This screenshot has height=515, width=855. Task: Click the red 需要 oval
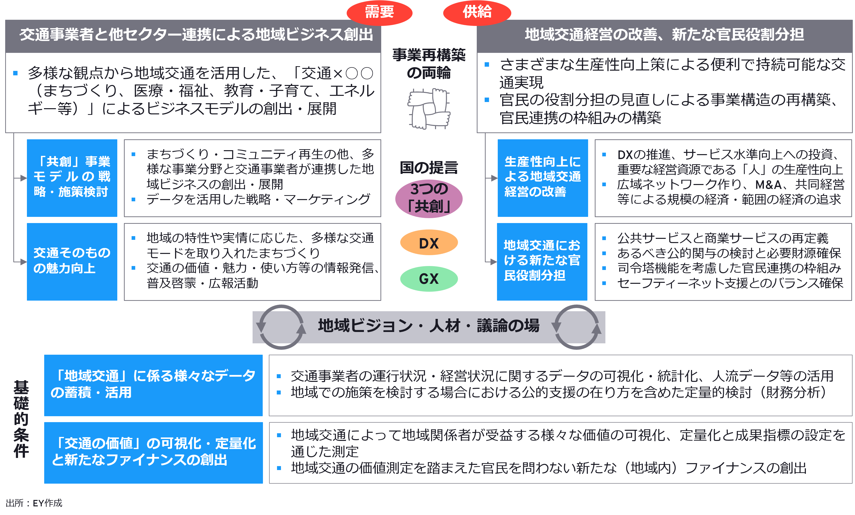(x=379, y=13)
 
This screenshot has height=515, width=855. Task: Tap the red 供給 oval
(x=477, y=13)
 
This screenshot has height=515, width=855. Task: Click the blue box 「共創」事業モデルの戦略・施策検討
(x=72, y=178)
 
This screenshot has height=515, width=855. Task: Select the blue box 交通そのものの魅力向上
(x=72, y=261)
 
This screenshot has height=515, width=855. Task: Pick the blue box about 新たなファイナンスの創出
(x=153, y=452)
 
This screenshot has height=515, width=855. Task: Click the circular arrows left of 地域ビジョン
(x=281, y=327)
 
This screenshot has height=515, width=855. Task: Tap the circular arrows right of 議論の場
(x=577, y=327)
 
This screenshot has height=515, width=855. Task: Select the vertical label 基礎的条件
(x=21, y=419)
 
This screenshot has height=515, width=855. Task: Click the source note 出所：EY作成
(x=34, y=503)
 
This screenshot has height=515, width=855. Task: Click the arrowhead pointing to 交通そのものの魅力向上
(x=24, y=262)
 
